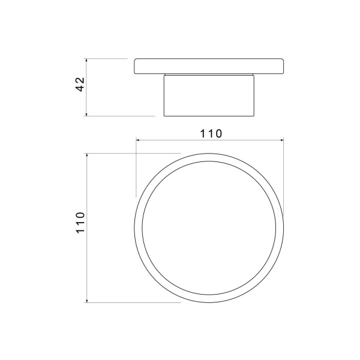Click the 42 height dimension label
(x=80, y=85)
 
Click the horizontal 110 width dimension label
(x=211, y=134)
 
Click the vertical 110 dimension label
(x=80, y=223)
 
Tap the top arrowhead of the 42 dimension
(x=86, y=61)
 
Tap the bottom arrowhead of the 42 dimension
(x=86, y=114)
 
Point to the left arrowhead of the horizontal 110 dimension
(x=138, y=140)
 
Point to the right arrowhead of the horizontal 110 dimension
(x=281, y=140)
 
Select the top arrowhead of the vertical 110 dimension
(x=87, y=155)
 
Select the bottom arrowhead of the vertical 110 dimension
(x=87, y=301)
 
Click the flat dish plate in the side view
(x=209, y=66)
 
